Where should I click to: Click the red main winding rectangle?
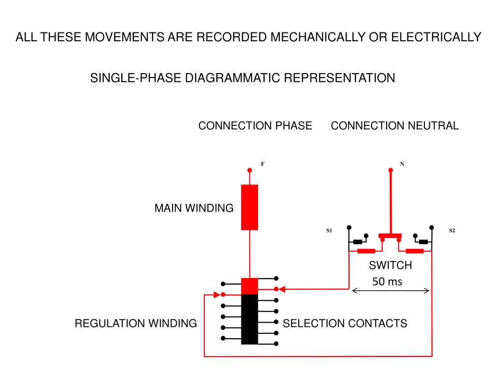point(249,207)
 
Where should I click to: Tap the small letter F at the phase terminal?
point(262,164)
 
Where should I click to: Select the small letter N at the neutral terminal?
point(402,164)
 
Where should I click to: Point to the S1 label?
point(329,231)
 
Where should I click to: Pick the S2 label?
point(452,231)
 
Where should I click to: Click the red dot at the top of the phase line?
point(249,170)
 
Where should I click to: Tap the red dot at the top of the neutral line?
point(391,170)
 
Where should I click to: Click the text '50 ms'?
point(387,281)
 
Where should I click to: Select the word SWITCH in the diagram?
point(391,265)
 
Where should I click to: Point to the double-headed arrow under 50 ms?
point(391,291)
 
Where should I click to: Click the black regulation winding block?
point(249,319)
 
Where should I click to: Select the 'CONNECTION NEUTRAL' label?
point(394,125)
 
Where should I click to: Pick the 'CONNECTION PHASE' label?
point(255,125)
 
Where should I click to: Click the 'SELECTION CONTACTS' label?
point(345,323)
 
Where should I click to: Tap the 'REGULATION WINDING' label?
point(136,323)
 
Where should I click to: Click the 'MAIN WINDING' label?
point(194,208)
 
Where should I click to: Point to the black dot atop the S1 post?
point(349,228)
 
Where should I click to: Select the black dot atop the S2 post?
point(432,228)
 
